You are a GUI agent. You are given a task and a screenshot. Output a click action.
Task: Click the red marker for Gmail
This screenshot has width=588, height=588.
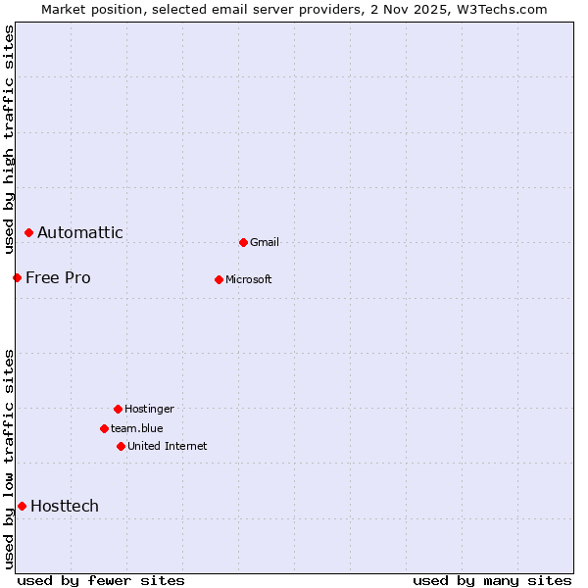243,242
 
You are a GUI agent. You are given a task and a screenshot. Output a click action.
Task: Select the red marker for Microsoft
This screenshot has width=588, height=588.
219,279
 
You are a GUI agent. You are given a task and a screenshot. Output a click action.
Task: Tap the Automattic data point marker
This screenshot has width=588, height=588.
28,232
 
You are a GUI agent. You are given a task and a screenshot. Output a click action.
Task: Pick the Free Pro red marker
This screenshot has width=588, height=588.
17,277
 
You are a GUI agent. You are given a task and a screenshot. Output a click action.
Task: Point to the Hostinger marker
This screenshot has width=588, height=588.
118,409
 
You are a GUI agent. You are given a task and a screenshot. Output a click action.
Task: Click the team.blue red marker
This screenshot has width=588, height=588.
104,428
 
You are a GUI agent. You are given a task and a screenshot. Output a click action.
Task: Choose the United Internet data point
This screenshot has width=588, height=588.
121,446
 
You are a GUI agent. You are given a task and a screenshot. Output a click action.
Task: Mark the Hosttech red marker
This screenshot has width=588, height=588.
22,506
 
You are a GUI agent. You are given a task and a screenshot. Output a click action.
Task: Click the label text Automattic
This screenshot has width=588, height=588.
80,232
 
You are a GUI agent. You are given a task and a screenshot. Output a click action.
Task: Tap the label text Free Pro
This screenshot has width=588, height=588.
58,277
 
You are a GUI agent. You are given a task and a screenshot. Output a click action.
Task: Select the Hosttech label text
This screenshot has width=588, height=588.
65,506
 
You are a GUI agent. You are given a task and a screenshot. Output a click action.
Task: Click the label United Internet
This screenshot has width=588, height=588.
167,446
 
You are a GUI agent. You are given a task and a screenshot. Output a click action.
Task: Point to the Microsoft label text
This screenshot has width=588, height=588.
248,279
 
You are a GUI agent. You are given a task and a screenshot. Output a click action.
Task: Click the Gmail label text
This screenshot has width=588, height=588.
265,242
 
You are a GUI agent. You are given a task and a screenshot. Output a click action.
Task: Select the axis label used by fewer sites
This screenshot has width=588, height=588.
101,580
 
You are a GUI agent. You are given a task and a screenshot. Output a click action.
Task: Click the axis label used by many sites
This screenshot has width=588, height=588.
492,580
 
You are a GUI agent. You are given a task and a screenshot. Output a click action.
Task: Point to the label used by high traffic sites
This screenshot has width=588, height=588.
9,139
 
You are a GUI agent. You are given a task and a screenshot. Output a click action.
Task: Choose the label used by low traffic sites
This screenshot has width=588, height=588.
9,458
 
